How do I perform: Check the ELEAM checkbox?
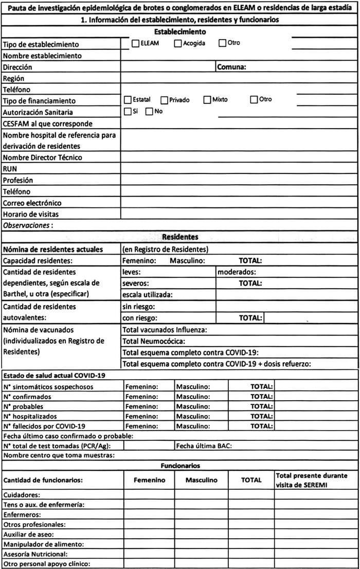pyautogui.click(x=136, y=43)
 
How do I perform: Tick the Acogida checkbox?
pyautogui.click(x=178, y=43)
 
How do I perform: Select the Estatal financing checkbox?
pyautogui.click(x=128, y=100)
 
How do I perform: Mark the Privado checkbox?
pyautogui.click(x=165, y=100)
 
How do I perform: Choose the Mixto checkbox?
pyautogui.click(x=207, y=100)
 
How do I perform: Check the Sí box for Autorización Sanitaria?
pyautogui.click(x=128, y=111)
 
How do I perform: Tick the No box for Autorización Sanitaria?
pyautogui.click(x=149, y=111)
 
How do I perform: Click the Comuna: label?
pyautogui.click(x=232, y=67)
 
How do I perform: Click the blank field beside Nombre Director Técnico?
pyautogui.click(x=239, y=157)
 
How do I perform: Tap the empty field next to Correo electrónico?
pyautogui.click(x=239, y=203)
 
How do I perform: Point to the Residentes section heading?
pyautogui.click(x=180, y=237)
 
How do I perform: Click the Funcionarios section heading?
pyautogui.click(x=180, y=466)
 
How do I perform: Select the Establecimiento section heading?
pyautogui.click(x=180, y=32)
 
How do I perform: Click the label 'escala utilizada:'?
pyautogui.click(x=147, y=295)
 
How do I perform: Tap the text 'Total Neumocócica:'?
pyautogui.click(x=153, y=341)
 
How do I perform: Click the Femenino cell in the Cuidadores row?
pyautogui.click(x=149, y=494)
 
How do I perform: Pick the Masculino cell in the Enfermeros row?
pyautogui.click(x=201, y=514)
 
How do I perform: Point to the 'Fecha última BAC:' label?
pyautogui.click(x=204, y=446)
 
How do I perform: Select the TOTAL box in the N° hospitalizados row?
pyautogui.click(x=316, y=416)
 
